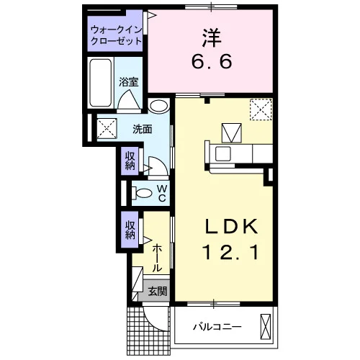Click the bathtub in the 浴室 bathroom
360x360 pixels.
[101, 83]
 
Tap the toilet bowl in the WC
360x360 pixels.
[143, 193]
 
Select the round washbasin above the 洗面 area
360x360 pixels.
[158, 106]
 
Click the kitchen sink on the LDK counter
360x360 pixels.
[223, 153]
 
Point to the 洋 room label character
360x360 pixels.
[211, 38]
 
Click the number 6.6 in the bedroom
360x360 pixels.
[212, 61]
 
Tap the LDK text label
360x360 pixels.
[231, 226]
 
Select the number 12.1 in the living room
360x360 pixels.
[231, 252]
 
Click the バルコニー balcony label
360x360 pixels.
[217, 327]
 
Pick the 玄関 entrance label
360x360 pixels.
[157, 292]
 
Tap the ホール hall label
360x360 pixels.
[157, 258]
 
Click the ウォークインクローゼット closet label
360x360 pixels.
[117, 35]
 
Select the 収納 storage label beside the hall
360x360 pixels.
[130, 230]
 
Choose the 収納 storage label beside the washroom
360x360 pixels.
[130, 161]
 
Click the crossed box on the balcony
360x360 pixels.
[265, 327]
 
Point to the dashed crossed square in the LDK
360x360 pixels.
[261, 109]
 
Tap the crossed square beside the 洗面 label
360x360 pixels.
[107, 128]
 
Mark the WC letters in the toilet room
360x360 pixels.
[162, 193]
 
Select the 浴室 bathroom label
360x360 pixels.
[129, 82]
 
